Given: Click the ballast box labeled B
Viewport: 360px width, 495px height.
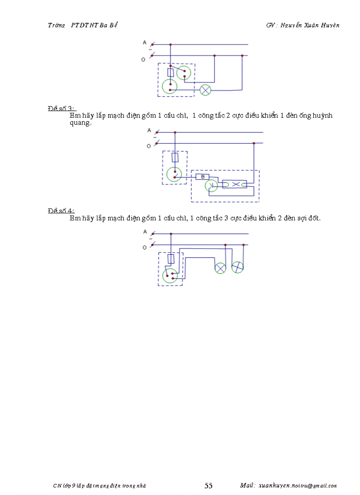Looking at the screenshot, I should tap(202, 177).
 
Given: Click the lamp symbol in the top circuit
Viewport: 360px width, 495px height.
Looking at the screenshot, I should tap(205, 90).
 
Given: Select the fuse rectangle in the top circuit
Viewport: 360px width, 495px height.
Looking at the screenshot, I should tap(170, 73).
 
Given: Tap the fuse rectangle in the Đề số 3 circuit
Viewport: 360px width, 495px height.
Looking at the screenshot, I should tap(175, 157).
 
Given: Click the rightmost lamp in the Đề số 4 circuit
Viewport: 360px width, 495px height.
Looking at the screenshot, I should tap(238, 267).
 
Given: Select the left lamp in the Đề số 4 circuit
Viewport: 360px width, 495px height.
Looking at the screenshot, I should tap(220, 268).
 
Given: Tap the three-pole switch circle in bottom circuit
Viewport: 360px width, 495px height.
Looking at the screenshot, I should tap(169, 276).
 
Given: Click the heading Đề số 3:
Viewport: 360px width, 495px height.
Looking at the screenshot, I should tap(62, 109).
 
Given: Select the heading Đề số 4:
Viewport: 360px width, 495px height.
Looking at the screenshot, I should tap(62, 211).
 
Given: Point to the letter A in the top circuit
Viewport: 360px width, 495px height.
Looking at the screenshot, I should tap(144, 42).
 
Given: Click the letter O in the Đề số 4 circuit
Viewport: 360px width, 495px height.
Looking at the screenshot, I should tap(144, 248).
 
